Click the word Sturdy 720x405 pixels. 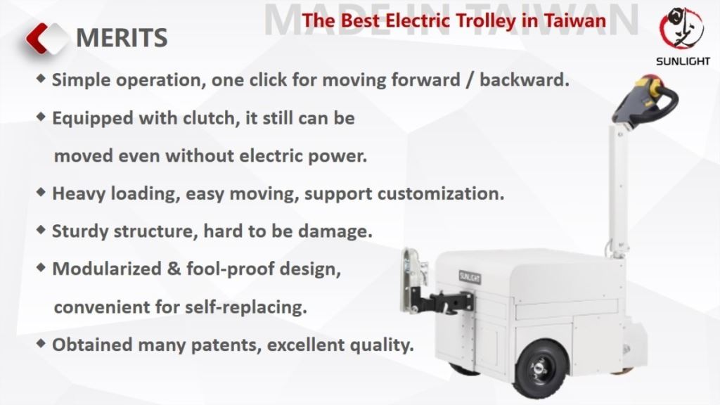tap(77, 231)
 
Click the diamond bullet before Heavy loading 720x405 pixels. tap(42, 192)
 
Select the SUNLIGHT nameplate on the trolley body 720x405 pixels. tap(469, 276)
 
